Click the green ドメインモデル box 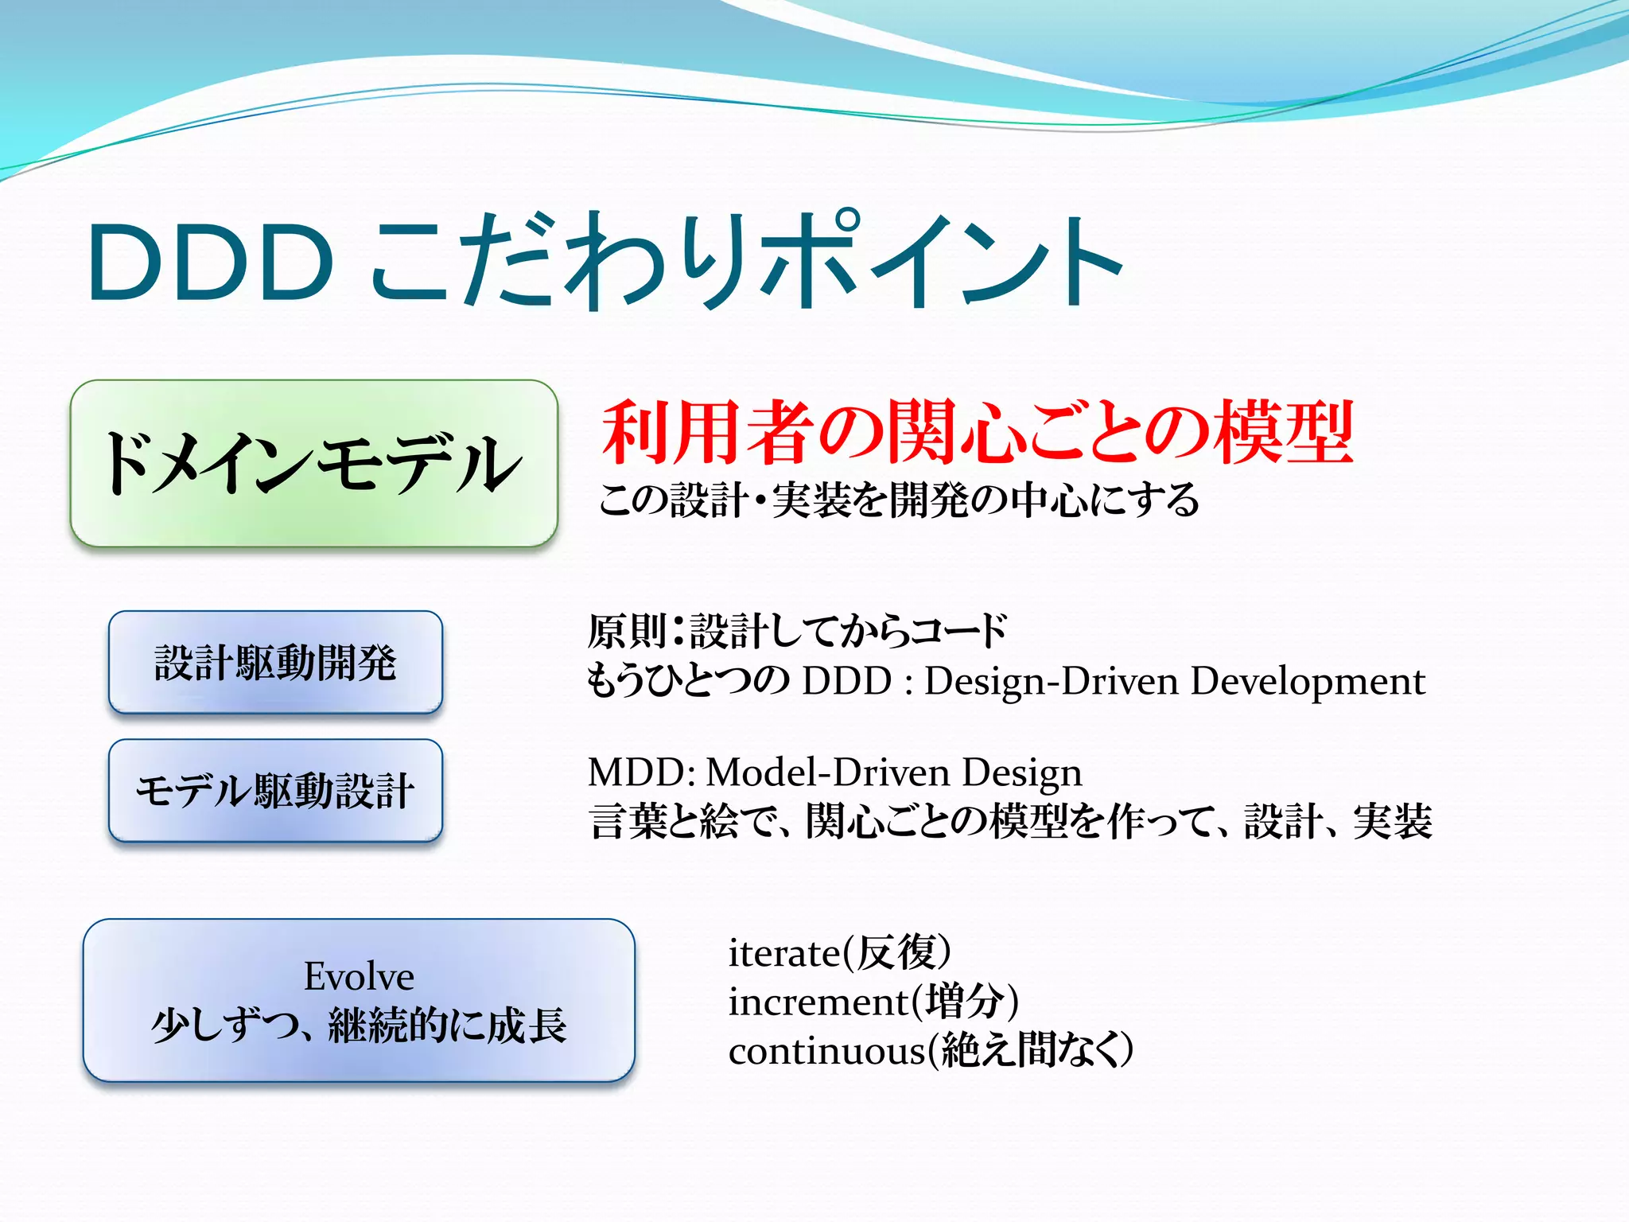(313, 464)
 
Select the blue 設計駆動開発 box (275, 663)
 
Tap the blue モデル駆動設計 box (275, 791)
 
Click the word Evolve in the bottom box (359, 976)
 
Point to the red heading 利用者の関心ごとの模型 (977, 434)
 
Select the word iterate (783, 953)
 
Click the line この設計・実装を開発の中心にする (899, 500)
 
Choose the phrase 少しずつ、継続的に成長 (359, 1025)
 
